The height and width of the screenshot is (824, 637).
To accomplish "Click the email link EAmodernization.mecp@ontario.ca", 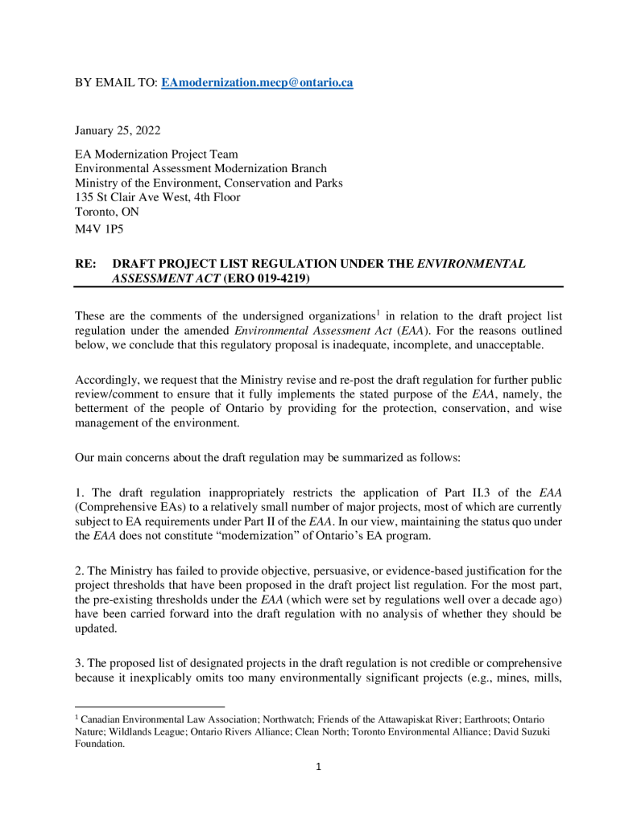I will click(257, 83).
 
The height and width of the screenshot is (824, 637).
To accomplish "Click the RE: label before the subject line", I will click(85, 263).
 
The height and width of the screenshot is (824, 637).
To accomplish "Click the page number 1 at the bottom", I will click(318, 767).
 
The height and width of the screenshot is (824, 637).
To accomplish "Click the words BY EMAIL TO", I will click(116, 83).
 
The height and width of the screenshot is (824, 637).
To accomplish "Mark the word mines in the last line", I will click(500, 678).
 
